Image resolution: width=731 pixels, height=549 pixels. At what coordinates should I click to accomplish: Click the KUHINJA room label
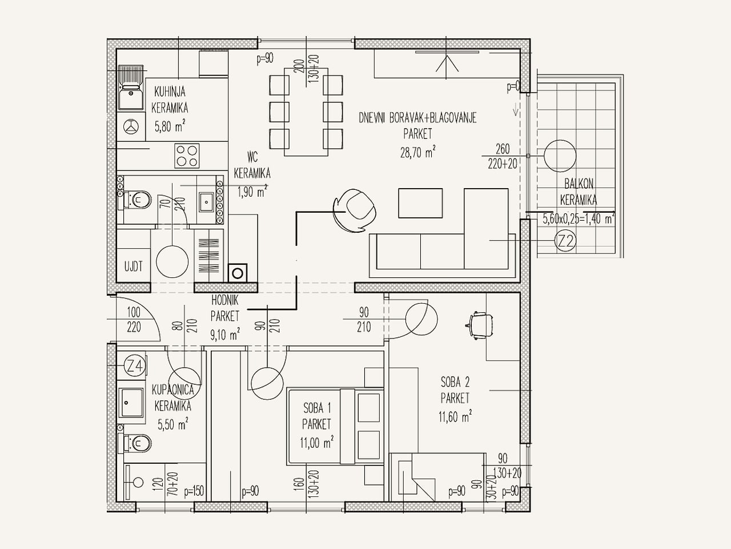[x=170, y=91]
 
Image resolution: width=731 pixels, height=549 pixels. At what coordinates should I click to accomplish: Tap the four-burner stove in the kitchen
[x=187, y=156]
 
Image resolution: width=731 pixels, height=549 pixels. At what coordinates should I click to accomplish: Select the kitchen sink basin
[x=131, y=96]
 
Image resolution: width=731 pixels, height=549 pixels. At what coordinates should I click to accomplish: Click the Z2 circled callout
[x=565, y=241]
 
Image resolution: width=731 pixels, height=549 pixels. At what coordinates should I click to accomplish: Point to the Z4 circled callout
[x=135, y=367]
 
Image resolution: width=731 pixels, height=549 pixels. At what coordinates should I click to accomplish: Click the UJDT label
[x=134, y=266]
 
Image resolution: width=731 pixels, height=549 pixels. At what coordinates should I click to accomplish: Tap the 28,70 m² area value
[x=417, y=152]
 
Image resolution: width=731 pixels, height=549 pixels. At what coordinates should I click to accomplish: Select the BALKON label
[x=579, y=184]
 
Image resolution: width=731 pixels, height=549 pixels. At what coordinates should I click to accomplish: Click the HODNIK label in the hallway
[x=225, y=300]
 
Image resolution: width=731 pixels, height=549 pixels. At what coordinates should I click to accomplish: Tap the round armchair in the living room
[x=356, y=211]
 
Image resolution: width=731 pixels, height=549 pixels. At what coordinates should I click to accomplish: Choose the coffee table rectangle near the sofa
[x=421, y=204]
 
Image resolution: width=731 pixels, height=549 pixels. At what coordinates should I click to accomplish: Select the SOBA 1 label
[x=317, y=407]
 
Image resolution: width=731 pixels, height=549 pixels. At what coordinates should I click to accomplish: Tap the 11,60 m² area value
[x=455, y=417]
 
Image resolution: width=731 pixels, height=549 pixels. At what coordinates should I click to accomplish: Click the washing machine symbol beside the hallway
[x=238, y=273]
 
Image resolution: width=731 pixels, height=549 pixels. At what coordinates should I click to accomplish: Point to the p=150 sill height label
[x=194, y=491]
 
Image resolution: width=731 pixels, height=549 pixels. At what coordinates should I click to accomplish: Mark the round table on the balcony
[x=560, y=156]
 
